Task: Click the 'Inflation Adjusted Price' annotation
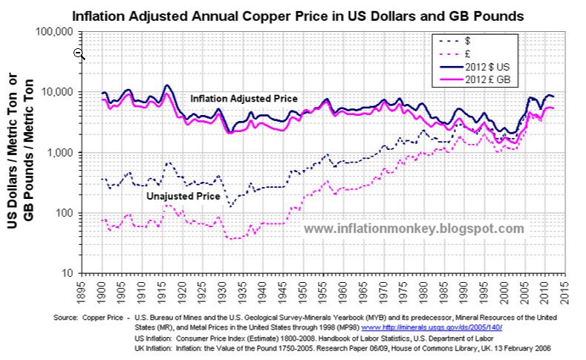244,99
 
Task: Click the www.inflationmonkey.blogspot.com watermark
414,229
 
